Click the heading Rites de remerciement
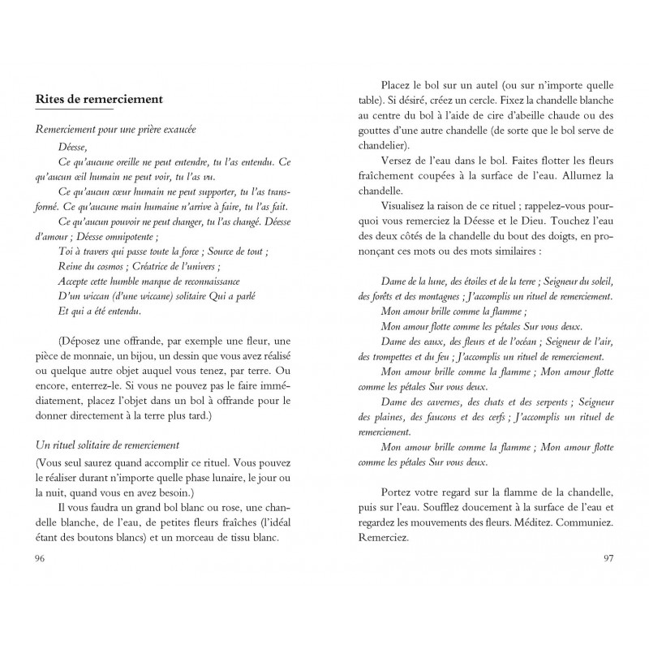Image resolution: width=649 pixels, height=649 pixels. pyautogui.click(x=100, y=99)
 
